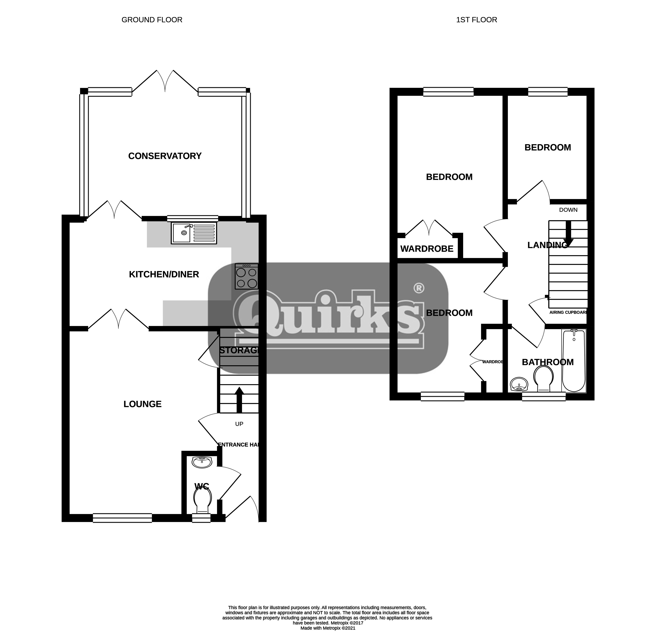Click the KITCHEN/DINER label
[164, 275]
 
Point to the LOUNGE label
[143, 404]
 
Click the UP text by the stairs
[239, 424]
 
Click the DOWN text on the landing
[568, 210]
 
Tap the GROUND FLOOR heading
[152, 20]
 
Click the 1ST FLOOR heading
[477, 20]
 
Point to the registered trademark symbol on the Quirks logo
[419, 288]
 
